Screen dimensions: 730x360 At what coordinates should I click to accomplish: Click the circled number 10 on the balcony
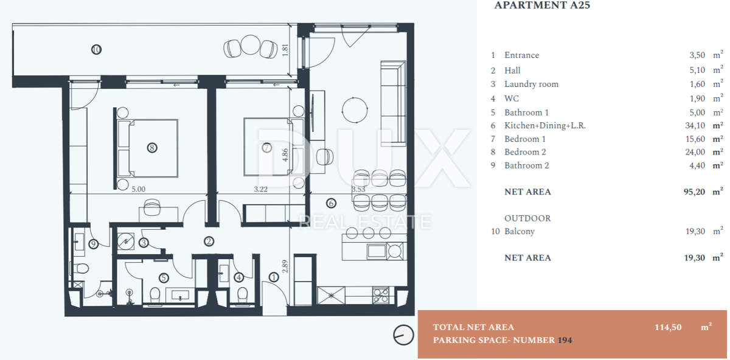(96, 49)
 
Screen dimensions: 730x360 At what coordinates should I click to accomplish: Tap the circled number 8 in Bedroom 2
(152, 148)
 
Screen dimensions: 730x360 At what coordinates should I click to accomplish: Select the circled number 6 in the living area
(331, 203)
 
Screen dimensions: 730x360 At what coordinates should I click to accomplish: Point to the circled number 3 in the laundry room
(144, 243)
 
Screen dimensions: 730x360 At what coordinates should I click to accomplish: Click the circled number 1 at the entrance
(274, 277)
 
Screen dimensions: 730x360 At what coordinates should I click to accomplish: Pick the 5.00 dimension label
(139, 189)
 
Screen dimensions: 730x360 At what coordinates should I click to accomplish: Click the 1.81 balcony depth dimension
(285, 50)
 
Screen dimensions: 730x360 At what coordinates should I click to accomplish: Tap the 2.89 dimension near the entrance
(285, 266)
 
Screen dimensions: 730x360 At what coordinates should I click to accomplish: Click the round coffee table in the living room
(355, 110)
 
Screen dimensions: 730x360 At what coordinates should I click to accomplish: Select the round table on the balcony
(250, 44)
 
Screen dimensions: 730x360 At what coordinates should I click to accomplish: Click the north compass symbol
(403, 335)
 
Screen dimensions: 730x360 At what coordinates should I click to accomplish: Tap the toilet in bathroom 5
(155, 294)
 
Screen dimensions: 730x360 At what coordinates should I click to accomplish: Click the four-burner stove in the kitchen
(380, 296)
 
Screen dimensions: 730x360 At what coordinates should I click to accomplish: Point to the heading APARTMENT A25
(542, 5)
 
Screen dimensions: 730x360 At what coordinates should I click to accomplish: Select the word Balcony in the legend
(520, 232)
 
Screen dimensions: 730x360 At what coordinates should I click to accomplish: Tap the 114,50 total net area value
(668, 327)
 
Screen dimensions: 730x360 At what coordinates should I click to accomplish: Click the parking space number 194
(565, 340)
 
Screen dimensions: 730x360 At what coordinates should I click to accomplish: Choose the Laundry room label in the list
(531, 84)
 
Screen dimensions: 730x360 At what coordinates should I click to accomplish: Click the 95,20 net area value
(695, 192)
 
